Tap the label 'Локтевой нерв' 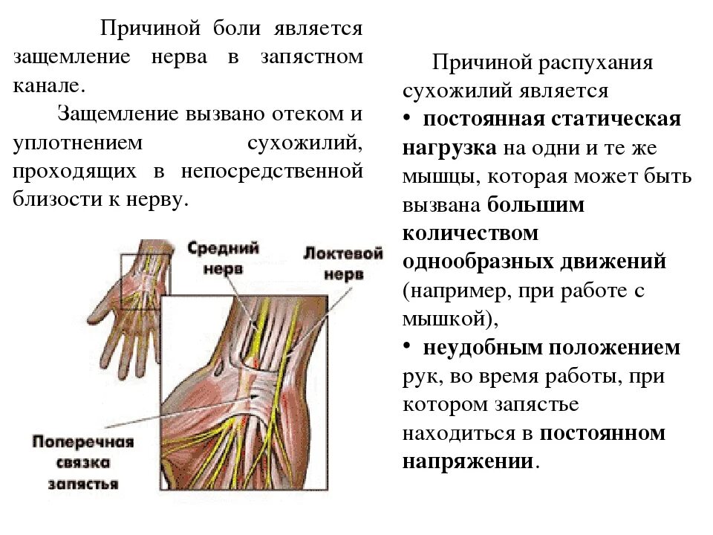pyautogui.click(x=343, y=263)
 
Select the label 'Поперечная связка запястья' pyautogui.click(x=82, y=462)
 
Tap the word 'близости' pyautogui.click(x=47, y=199)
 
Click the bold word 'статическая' pyautogui.click(x=619, y=120)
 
